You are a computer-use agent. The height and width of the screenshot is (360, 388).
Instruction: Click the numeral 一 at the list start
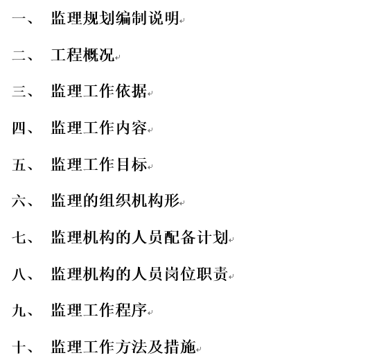[x=19, y=18]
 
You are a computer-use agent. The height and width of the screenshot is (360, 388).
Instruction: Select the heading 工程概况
[x=82, y=55]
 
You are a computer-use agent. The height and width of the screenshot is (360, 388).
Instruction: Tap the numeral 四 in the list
[x=19, y=128]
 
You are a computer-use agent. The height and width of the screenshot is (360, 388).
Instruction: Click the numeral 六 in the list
[x=19, y=200]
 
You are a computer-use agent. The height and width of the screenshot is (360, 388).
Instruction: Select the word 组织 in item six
[x=115, y=200]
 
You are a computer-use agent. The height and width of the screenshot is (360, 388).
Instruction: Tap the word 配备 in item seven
[x=179, y=237]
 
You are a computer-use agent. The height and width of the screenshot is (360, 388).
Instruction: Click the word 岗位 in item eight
[x=179, y=274]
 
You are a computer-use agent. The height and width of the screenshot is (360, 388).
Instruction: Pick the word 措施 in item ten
[x=179, y=347]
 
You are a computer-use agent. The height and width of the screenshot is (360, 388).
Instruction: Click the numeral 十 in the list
[x=19, y=347]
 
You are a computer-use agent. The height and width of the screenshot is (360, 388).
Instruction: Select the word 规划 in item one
[x=98, y=18]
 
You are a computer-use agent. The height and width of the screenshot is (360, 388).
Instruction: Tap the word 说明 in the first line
[x=163, y=18]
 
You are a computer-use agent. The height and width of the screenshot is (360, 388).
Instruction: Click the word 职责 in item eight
[x=211, y=274]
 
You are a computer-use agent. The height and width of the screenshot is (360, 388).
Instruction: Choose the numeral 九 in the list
[x=19, y=310]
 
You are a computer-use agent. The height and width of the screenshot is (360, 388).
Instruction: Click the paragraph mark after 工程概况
[x=118, y=58]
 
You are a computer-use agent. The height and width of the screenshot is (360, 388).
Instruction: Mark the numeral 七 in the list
[x=19, y=237]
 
